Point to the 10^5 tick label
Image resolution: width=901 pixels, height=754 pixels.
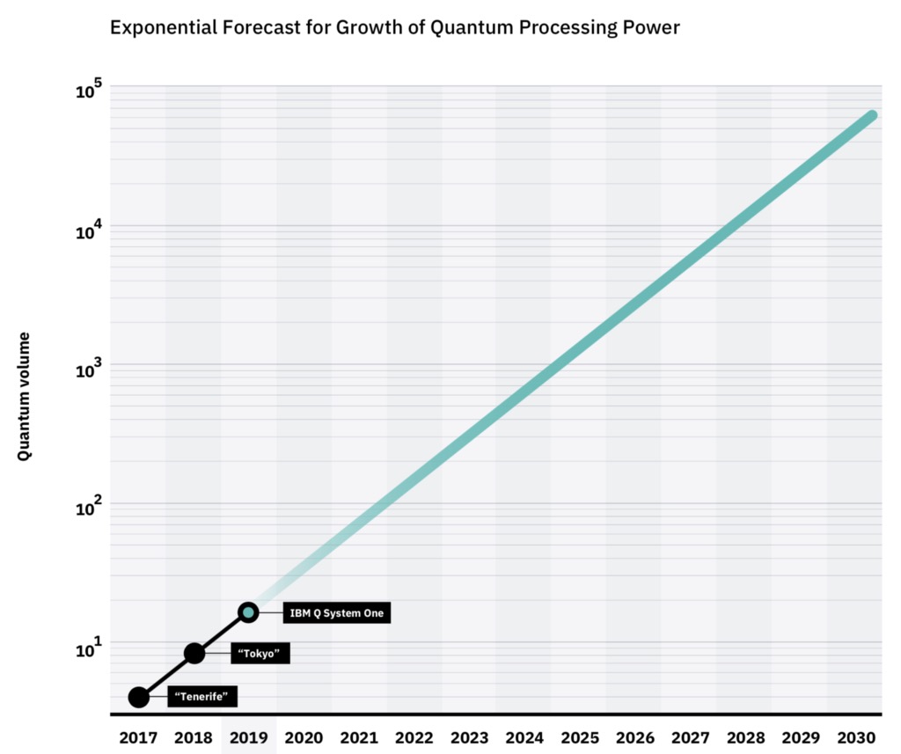coord(90,91)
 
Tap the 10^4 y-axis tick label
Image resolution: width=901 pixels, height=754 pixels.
coord(90,231)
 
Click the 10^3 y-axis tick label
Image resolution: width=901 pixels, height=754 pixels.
coord(90,370)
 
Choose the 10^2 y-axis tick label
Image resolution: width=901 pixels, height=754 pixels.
coord(90,509)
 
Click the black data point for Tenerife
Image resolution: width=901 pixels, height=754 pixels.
coord(138,697)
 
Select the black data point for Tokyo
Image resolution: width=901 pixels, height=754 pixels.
coord(194,653)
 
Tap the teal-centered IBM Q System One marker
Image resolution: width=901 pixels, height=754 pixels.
coord(248,612)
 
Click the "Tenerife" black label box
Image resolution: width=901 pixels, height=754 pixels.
coord(202,697)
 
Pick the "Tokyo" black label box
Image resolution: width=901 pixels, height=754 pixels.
coord(260,654)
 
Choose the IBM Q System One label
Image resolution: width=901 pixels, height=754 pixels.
coord(337,613)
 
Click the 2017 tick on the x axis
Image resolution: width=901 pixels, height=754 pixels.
coord(138,737)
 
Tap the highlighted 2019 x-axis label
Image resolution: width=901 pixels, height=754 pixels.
coord(248,737)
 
